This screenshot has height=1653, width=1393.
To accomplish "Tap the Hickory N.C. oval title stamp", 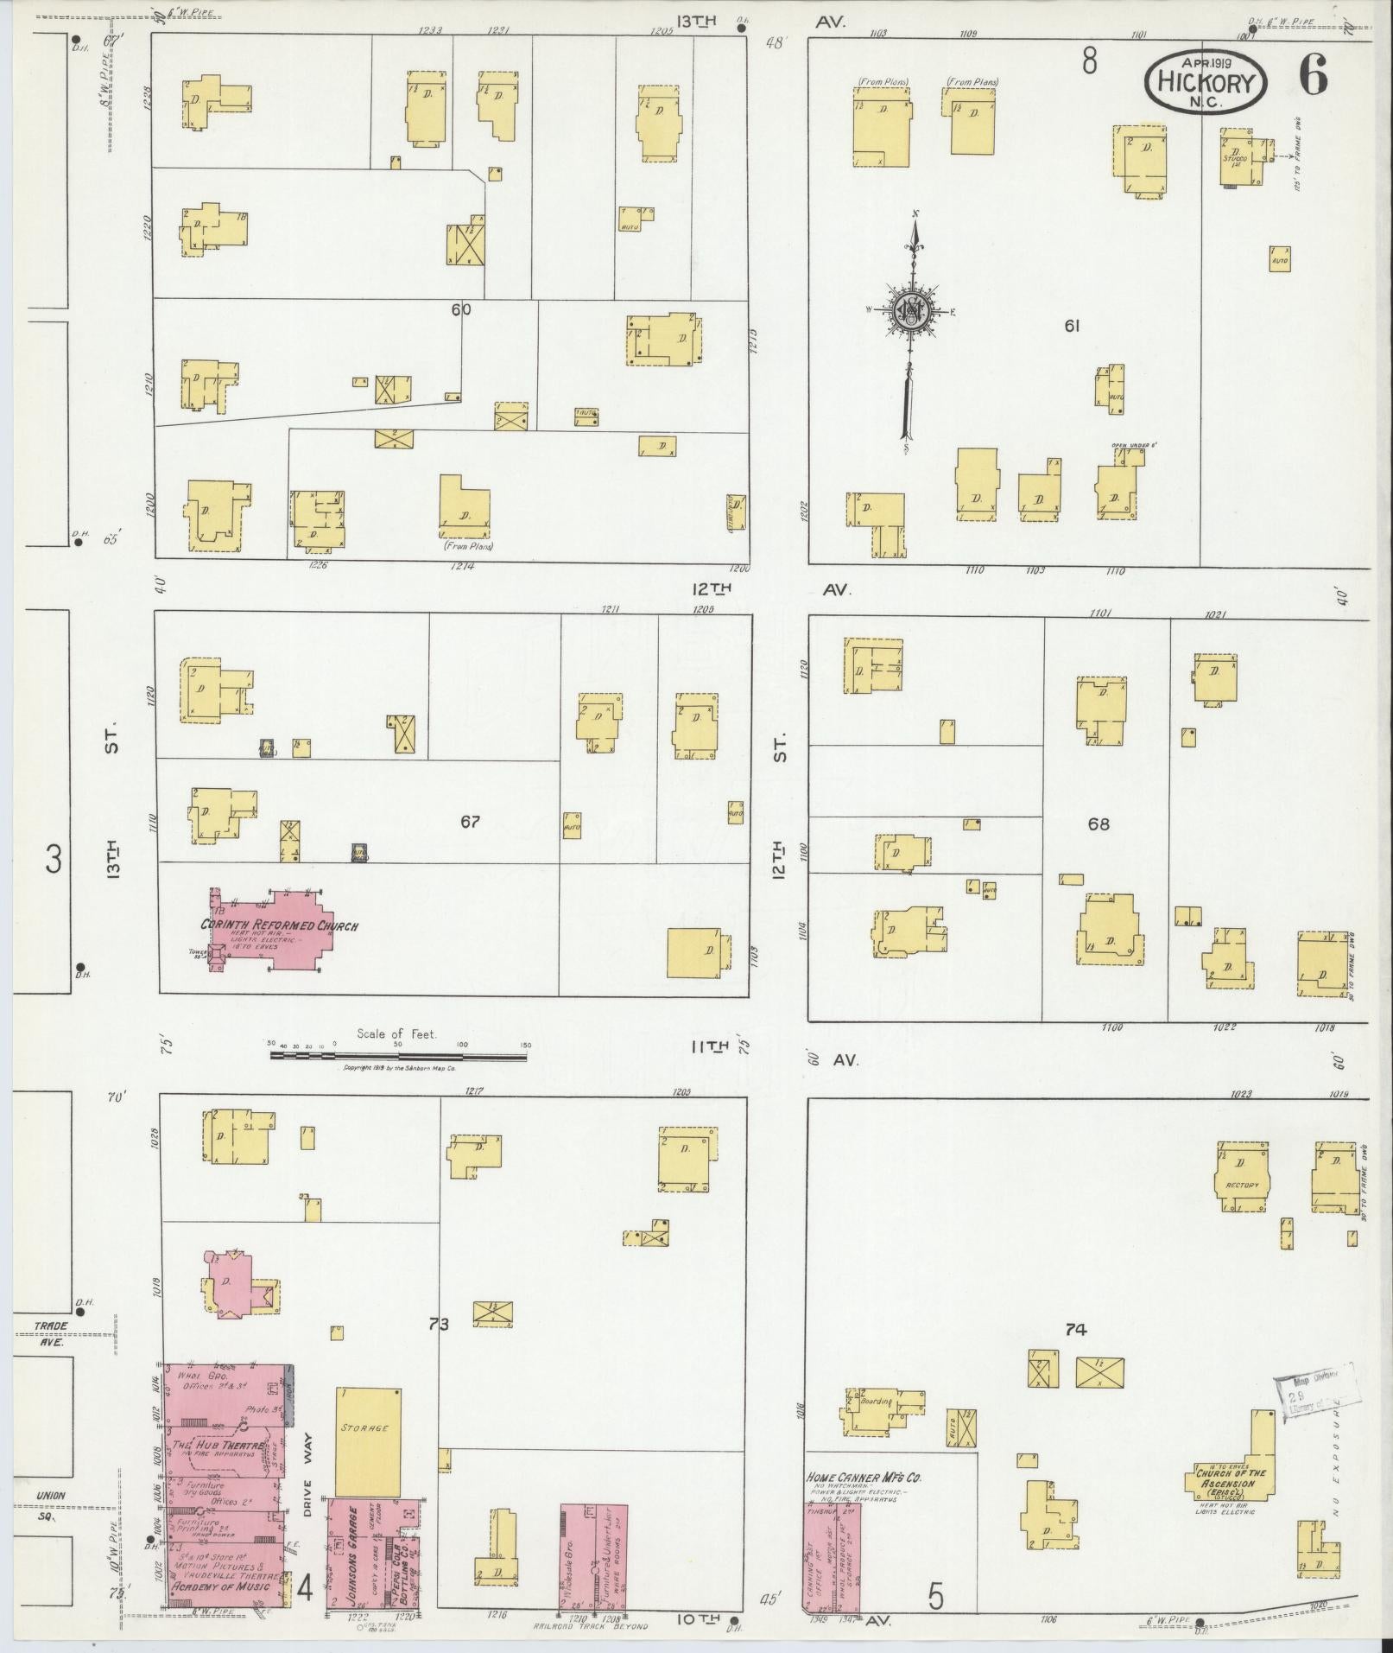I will click(1206, 80).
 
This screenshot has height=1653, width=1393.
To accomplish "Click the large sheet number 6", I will click(1312, 79).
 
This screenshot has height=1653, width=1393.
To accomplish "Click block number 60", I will click(460, 308).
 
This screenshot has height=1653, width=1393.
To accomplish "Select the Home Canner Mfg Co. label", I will click(864, 1477).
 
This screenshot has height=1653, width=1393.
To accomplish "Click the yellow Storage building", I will click(368, 1441).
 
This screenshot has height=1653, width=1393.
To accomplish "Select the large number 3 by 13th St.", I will click(54, 860).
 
